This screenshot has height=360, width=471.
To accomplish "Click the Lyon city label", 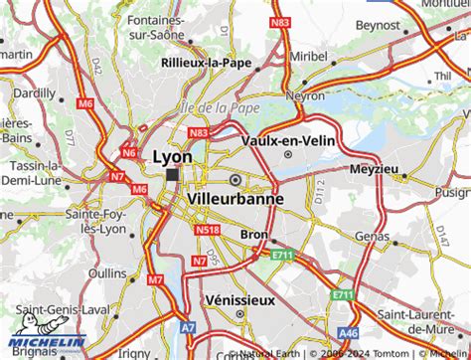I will coord(173,156).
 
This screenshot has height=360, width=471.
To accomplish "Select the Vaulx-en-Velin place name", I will coord(288,140).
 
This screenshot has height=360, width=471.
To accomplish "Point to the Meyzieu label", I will coord(375,169).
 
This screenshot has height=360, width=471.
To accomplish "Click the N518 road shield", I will coord(208,230).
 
